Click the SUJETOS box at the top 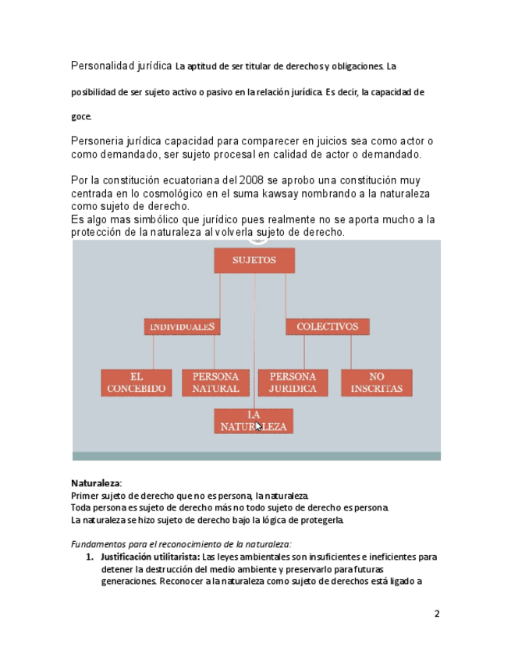pos(254,261)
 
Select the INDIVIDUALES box pos(181,327)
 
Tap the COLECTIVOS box pos(327,327)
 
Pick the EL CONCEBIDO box pos(137,383)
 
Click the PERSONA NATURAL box pos(215,383)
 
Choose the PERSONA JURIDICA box pos(293,383)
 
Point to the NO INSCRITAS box pos(376,383)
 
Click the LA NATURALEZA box pos(254,421)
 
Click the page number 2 pos(437,614)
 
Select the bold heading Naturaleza pos(95,483)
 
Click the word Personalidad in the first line pos(101,66)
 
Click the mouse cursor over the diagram pos(258,426)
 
